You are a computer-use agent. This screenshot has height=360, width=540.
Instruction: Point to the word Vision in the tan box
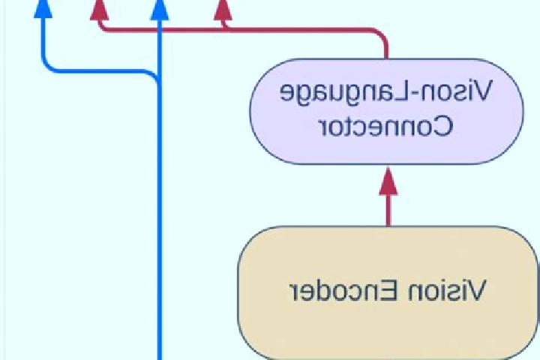click(x=447, y=290)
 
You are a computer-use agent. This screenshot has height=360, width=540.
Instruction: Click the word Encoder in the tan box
click(x=344, y=290)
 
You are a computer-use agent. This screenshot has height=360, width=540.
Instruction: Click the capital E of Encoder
click(x=391, y=290)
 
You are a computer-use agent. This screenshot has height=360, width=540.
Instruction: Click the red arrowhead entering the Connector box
click(x=388, y=181)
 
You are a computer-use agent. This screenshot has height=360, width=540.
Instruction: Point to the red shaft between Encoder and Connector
click(x=388, y=211)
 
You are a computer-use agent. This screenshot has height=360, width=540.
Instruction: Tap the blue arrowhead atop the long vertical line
click(x=160, y=10)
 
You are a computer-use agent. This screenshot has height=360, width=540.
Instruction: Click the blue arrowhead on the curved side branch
click(x=43, y=9)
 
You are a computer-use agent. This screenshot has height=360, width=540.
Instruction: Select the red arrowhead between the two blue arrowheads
click(x=100, y=10)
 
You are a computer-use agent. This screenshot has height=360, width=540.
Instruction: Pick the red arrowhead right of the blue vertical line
click(x=223, y=10)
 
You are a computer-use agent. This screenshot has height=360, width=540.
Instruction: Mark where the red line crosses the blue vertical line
click(x=160, y=30)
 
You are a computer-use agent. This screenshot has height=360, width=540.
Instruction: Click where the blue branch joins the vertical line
click(x=159, y=82)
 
